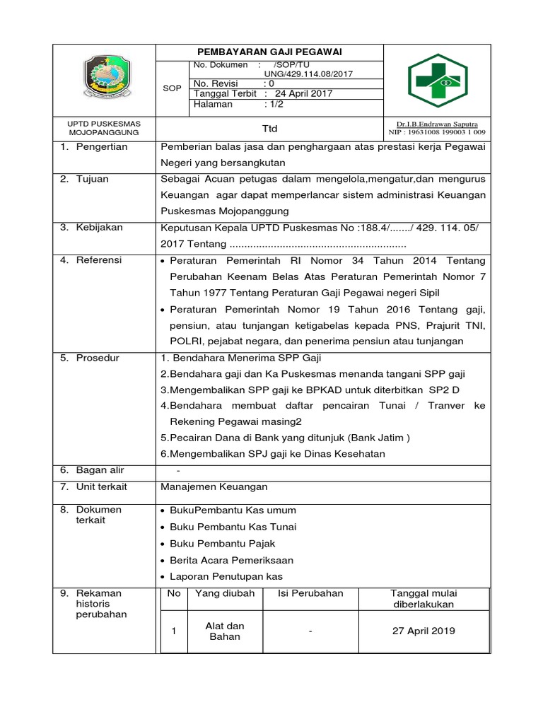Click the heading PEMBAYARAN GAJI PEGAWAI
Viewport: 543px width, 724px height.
pyautogui.click(x=269, y=52)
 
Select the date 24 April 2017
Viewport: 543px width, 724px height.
pyautogui.click(x=303, y=93)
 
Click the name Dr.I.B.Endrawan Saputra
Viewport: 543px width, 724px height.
pyautogui.click(x=437, y=124)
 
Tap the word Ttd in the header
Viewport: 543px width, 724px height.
pyautogui.click(x=269, y=128)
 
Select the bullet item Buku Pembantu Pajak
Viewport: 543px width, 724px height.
pyautogui.click(x=222, y=544)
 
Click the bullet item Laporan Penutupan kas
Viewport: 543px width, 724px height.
pyautogui.click(x=226, y=577)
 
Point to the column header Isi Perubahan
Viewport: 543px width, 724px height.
pyautogui.click(x=310, y=593)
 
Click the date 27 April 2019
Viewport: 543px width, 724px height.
pyautogui.click(x=424, y=631)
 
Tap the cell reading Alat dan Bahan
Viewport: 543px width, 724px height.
pyautogui.click(x=224, y=631)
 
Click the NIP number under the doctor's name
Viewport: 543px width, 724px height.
pyautogui.click(x=437, y=132)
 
